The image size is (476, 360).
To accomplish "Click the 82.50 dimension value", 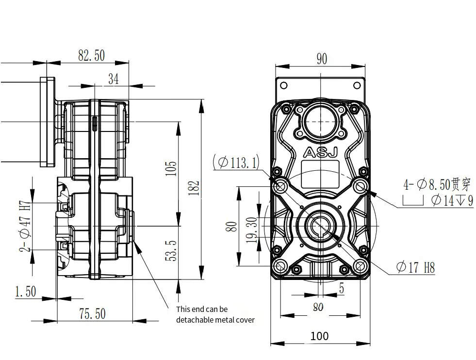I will (91, 55).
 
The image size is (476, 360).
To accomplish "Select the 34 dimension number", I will (113, 79).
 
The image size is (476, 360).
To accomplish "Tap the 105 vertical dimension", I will (171, 168).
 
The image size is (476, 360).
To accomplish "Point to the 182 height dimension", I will (194, 188).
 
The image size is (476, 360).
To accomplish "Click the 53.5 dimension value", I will (171, 251).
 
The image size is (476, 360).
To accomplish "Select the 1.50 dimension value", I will (25, 292).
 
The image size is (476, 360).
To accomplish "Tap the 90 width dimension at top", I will (322, 59).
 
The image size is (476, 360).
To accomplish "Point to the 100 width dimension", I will (319, 336).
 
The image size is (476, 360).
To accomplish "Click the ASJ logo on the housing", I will (320, 153).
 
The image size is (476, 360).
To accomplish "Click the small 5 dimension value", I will (342, 289).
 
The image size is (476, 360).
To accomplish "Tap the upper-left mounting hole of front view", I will (280, 185).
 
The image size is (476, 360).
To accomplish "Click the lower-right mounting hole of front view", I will (360, 266).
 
